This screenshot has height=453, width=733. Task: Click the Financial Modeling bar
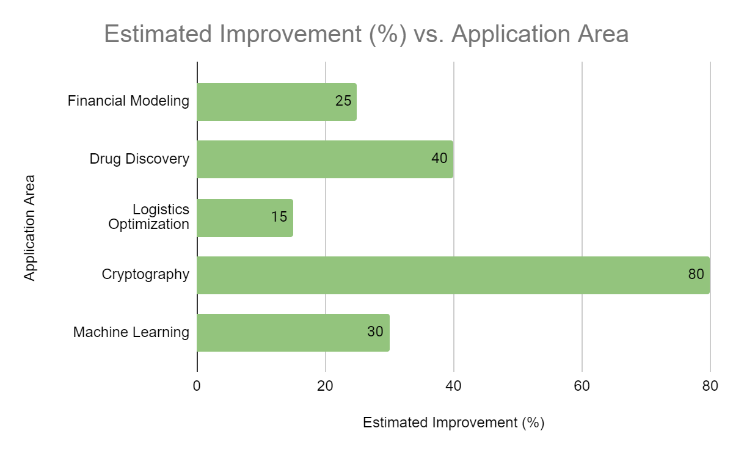(277, 102)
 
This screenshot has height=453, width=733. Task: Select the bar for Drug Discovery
(325, 159)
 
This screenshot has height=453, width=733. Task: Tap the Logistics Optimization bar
(245, 218)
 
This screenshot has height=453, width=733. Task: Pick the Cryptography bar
(453, 275)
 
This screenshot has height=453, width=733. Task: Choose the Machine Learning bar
(293, 333)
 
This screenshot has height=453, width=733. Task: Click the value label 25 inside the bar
(343, 101)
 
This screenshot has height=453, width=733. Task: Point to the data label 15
(279, 217)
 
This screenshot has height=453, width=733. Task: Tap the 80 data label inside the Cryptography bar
(696, 274)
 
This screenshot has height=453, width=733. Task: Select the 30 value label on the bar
(375, 332)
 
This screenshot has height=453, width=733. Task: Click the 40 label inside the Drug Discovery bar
(439, 158)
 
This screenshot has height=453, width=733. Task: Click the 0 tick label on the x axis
(197, 386)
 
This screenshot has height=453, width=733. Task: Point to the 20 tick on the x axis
(325, 386)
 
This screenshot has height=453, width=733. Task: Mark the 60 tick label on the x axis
(582, 386)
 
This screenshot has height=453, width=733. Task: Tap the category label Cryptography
(145, 275)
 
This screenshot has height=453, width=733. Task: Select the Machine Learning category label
(131, 332)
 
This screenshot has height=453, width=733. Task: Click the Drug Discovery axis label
(139, 159)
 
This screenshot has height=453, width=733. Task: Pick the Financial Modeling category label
(128, 101)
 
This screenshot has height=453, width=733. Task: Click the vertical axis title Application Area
(29, 228)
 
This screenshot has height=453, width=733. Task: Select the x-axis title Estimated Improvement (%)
(453, 423)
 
